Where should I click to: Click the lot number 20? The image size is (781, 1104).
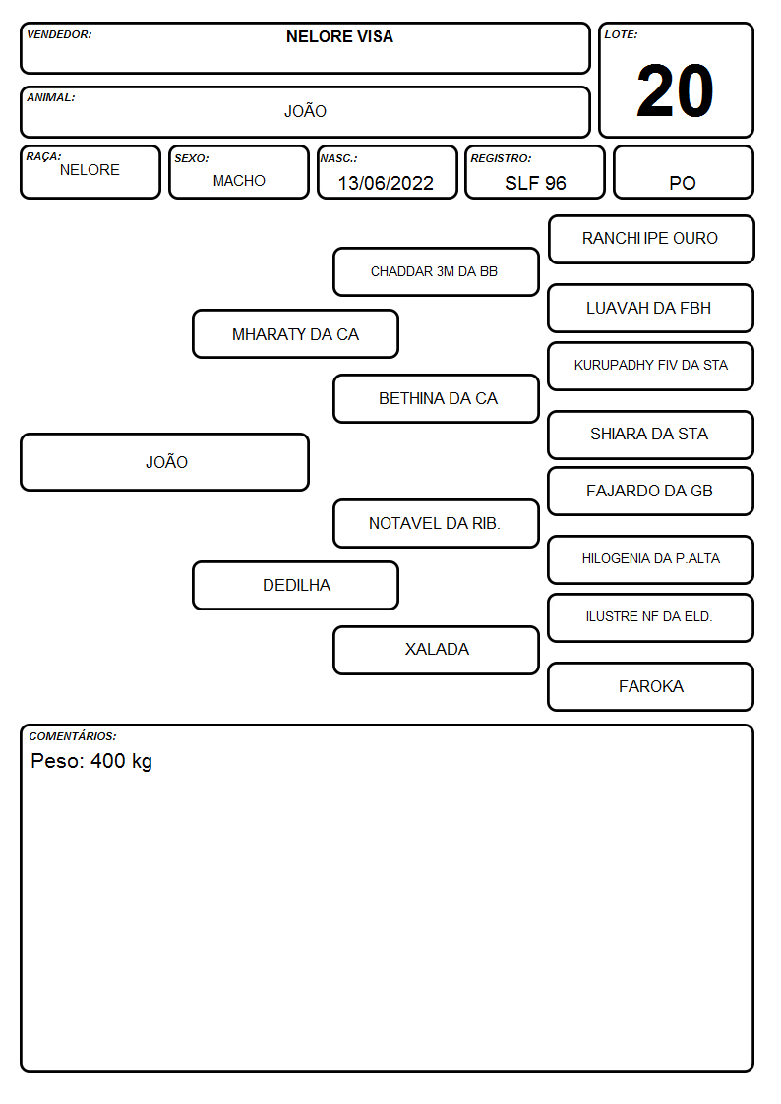click(675, 90)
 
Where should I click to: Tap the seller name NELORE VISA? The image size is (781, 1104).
click(339, 36)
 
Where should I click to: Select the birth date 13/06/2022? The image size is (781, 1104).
click(386, 183)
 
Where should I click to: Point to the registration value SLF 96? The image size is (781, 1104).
click(535, 183)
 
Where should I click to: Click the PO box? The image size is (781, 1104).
click(683, 172)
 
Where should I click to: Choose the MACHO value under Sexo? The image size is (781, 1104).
click(239, 181)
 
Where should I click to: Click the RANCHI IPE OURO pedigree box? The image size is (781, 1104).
click(651, 240)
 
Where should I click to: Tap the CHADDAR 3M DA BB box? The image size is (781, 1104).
click(436, 271)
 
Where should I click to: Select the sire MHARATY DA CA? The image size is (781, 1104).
click(295, 333)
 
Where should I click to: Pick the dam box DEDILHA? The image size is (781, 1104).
click(295, 585)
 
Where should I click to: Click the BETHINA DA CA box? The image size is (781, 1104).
click(436, 398)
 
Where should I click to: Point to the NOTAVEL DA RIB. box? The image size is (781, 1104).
click(436, 523)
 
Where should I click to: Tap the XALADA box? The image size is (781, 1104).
click(436, 650)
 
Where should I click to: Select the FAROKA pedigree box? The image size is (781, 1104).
click(651, 686)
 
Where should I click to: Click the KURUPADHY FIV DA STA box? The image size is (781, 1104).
click(651, 366)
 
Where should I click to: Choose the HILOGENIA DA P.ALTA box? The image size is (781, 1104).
click(651, 559)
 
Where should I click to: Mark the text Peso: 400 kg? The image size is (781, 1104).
click(91, 761)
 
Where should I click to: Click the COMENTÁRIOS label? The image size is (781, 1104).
click(73, 736)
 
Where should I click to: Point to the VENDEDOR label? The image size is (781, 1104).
click(59, 34)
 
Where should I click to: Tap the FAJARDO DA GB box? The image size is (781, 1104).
click(651, 491)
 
